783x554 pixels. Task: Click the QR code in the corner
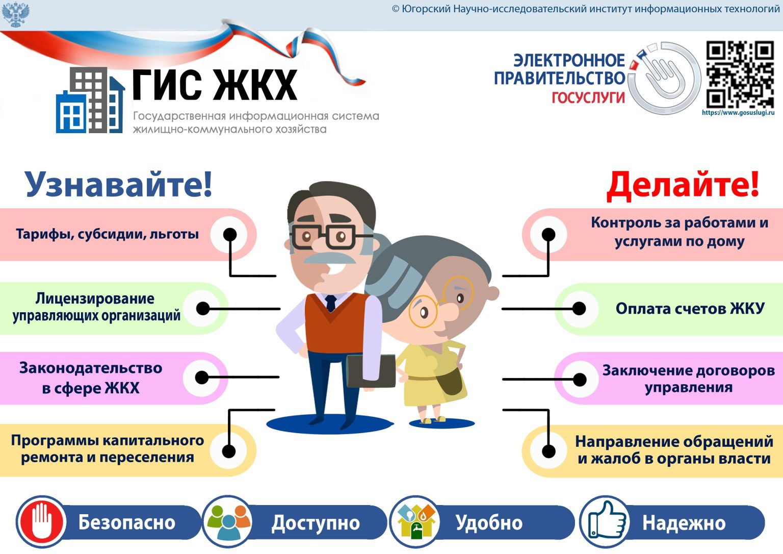tap(740, 74)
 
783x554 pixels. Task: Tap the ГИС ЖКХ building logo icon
tap(90, 101)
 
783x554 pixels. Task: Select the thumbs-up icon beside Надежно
tap(606, 522)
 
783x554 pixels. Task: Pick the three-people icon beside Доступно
tap(227, 522)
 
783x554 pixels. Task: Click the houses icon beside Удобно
tap(416, 522)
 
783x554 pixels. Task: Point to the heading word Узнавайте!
tap(118, 184)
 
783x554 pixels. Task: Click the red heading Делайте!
tap(682, 185)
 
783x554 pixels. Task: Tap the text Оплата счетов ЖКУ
tap(690, 309)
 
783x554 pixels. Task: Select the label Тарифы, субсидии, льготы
tap(107, 234)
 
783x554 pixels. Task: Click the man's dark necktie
tap(331, 303)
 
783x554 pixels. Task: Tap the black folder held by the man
tap(371, 371)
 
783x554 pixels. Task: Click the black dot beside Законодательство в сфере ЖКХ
tap(202, 377)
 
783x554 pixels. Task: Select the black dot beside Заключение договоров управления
tap(580, 380)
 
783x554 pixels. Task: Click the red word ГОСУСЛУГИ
tap(588, 97)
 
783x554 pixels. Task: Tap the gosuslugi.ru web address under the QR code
tap(738, 113)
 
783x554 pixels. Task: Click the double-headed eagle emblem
tap(16, 14)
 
